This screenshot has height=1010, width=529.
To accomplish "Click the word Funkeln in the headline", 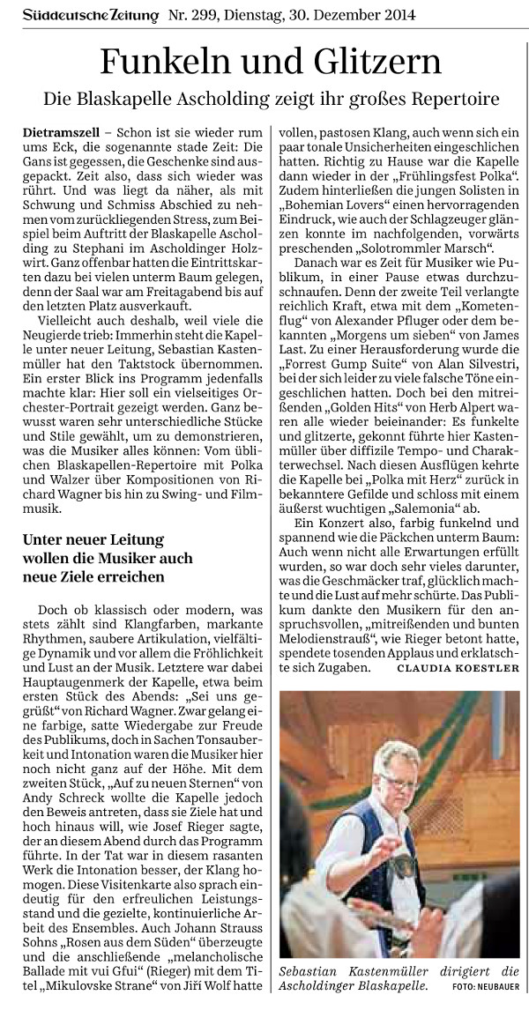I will [167, 62].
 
